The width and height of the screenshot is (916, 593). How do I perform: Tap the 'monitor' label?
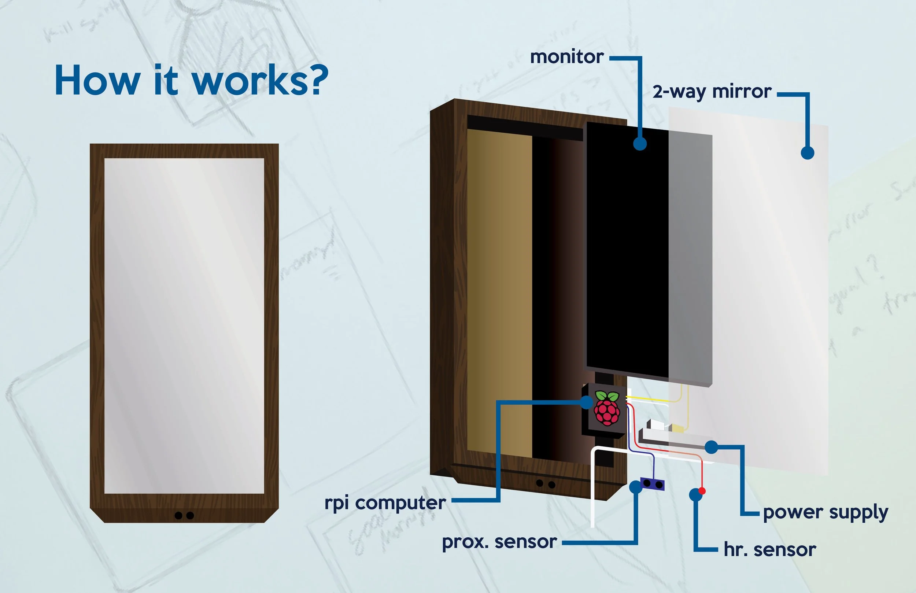[566, 57]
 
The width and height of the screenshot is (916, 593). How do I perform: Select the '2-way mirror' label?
[712, 92]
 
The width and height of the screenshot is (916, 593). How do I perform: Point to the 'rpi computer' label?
[385, 503]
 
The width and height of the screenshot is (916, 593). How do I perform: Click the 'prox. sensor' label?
[499, 542]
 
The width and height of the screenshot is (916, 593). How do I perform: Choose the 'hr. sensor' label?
[770, 549]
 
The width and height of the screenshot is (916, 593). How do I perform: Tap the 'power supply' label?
[825, 512]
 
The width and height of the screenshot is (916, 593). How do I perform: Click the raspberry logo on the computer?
[607, 408]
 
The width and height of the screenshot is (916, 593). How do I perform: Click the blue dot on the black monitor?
[640, 144]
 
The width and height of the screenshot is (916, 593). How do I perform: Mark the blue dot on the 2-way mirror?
[808, 152]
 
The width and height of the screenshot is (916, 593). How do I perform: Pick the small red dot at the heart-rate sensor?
[702, 491]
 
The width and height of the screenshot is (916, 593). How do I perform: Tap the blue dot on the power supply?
[712, 447]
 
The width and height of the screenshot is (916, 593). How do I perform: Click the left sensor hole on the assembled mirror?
[178, 515]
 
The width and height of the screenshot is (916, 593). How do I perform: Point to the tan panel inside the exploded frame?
[499, 292]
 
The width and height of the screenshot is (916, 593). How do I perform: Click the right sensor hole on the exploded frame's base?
[551, 485]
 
